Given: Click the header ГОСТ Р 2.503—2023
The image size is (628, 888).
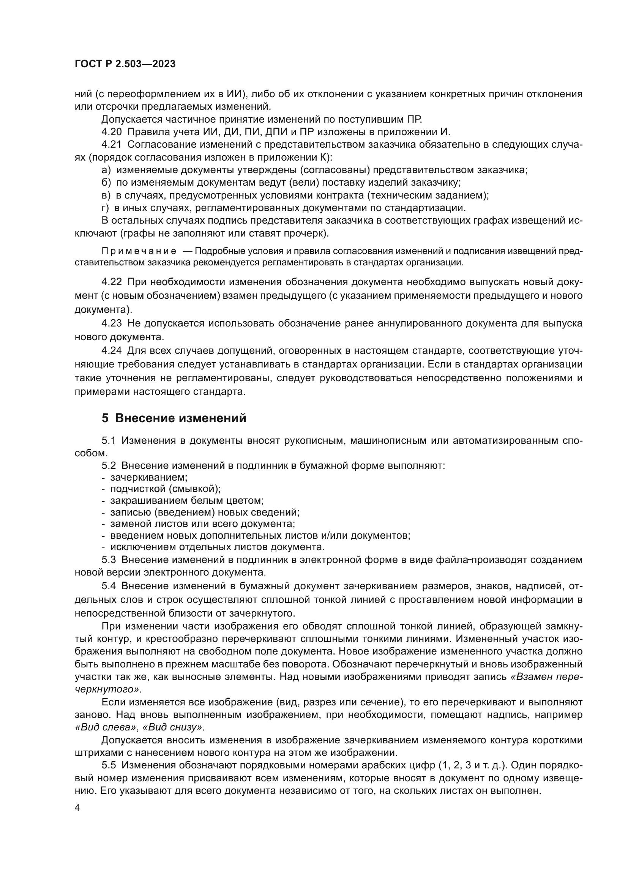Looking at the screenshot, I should click(x=125, y=64).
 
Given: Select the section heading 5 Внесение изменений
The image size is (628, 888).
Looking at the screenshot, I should click(x=174, y=418).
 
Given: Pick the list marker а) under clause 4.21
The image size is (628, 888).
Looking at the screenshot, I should click(x=106, y=170).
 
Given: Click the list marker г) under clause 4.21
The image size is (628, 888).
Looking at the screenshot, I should click(x=105, y=208).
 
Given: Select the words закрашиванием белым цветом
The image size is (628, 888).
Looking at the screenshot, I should click(x=187, y=500).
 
